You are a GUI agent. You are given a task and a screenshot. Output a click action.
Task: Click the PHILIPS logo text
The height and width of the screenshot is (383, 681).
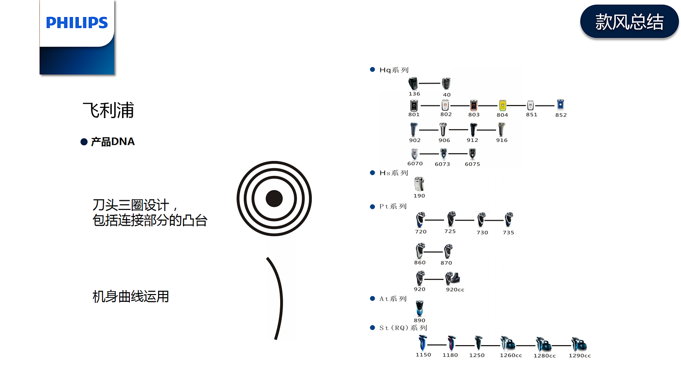point(77,23)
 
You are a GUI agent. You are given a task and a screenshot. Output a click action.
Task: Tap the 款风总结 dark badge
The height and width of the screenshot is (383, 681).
point(629,22)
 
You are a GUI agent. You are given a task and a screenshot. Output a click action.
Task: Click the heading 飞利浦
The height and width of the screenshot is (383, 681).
point(108,110)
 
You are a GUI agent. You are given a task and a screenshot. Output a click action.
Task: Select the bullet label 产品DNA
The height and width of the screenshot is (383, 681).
point(112,142)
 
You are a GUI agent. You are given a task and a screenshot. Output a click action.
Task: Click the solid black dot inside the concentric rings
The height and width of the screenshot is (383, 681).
point(274,198)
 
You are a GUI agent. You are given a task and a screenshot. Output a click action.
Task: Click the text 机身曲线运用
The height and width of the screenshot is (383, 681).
point(131,296)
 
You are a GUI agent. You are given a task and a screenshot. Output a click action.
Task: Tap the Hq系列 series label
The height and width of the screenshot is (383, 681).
point(394,70)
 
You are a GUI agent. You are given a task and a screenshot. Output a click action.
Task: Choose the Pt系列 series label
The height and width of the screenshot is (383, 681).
point(393,207)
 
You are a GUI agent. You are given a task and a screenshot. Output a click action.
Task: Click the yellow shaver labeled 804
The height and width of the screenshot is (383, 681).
point(502,105)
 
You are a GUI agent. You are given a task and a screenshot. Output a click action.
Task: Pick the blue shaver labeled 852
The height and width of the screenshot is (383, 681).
point(560,104)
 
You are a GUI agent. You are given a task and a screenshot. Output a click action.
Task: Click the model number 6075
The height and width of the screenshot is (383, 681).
point(472,164)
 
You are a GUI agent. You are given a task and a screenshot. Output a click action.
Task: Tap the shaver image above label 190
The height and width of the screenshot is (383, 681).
point(419,184)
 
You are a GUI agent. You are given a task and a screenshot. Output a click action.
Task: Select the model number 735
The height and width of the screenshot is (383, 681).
point(508,233)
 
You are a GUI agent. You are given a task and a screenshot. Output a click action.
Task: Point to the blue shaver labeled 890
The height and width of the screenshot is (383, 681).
point(419,308)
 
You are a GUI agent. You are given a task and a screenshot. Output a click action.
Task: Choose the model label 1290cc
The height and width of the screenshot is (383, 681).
point(579,356)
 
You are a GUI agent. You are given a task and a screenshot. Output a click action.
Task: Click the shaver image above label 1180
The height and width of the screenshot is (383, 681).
point(451,343)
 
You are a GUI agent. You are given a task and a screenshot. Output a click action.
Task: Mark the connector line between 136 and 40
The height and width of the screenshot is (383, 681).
point(430,84)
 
